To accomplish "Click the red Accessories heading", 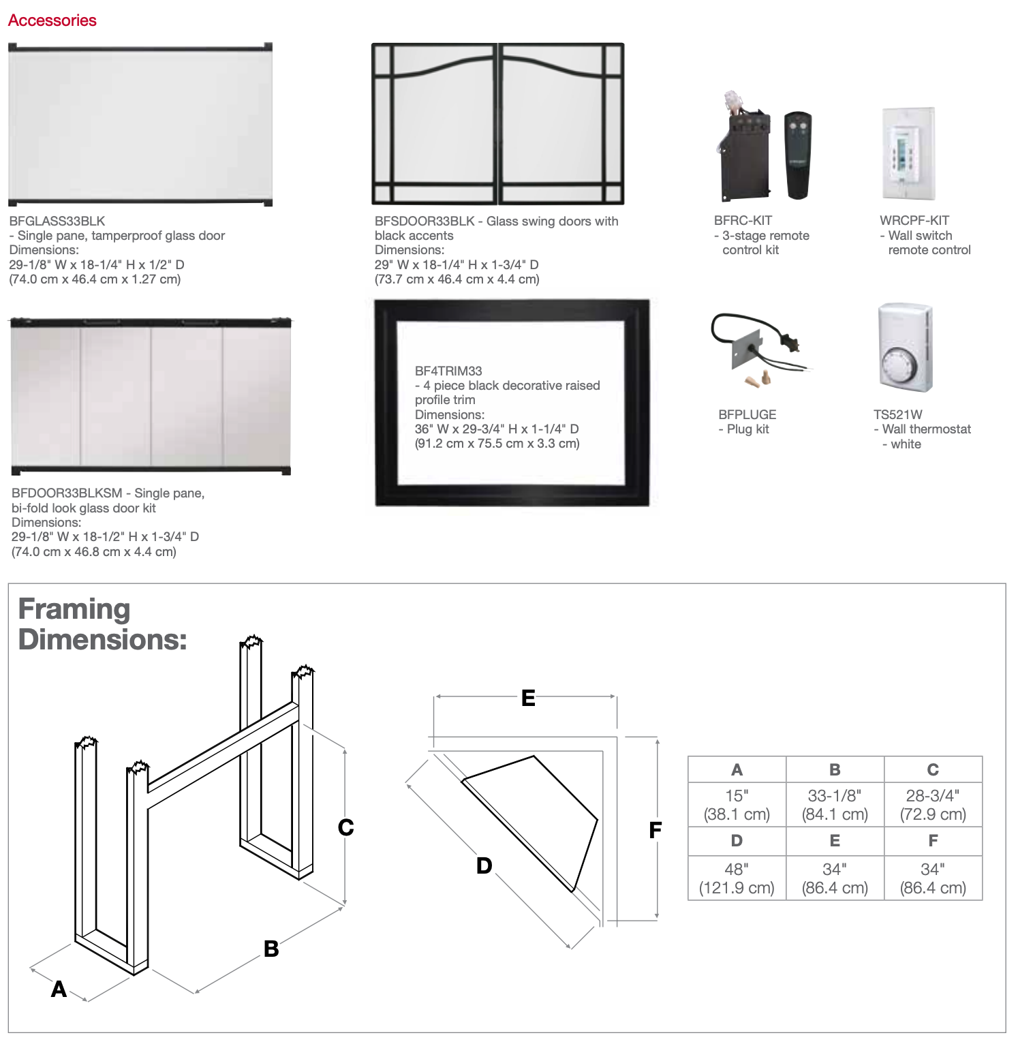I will pyautogui.click(x=52, y=20).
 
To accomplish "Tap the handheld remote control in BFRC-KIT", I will pyautogui.click(x=797, y=155).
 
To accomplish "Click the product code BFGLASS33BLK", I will pyautogui.click(x=57, y=221).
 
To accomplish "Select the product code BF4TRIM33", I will pyautogui.click(x=448, y=371).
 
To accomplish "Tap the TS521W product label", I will pyautogui.click(x=898, y=414).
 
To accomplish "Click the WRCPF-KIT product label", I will pyautogui.click(x=914, y=220).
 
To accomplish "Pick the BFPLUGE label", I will pyautogui.click(x=747, y=414).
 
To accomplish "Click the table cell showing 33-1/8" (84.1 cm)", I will pyautogui.click(x=835, y=805).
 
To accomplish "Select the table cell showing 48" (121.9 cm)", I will pyautogui.click(x=737, y=878).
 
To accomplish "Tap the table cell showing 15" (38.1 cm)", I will pyautogui.click(x=737, y=805).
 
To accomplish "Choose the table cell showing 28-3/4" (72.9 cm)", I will pyautogui.click(x=933, y=805).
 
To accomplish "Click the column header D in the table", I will pyautogui.click(x=737, y=841).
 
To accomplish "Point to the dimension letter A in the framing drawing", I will pyautogui.click(x=59, y=989).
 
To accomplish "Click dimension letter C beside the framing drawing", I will pyautogui.click(x=346, y=827).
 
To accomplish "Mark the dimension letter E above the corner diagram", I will pyautogui.click(x=528, y=698).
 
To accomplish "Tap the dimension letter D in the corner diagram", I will pyautogui.click(x=484, y=866).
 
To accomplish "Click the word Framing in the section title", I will pyautogui.click(x=74, y=609).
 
